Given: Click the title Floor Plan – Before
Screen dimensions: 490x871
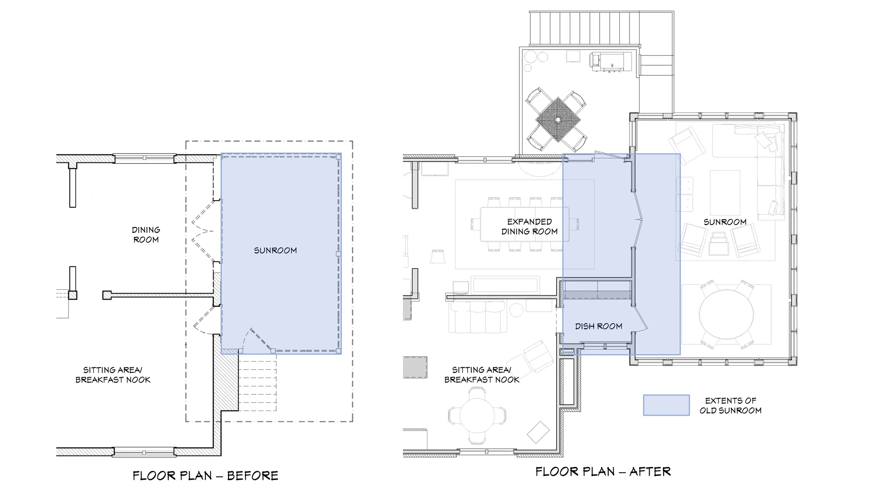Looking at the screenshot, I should [205, 475].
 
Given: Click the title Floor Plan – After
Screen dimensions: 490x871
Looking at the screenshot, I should [603, 471].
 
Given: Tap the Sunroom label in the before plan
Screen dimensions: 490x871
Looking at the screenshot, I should [275, 250].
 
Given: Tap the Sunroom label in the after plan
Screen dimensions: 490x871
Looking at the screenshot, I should [724, 222].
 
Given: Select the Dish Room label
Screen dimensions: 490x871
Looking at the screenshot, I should [598, 326].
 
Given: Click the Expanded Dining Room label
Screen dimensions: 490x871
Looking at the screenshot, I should [529, 226].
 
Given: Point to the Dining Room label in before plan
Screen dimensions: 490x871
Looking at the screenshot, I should [146, 235].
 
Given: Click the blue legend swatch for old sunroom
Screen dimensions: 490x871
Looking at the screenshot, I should [666, 405].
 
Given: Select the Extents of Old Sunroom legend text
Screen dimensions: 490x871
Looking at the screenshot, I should [730, 406].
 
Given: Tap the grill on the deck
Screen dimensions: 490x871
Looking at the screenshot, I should [610, 62].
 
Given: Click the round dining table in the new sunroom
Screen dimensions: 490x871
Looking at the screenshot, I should [726, 314].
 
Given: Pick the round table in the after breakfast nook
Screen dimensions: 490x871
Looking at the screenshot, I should [477, 415].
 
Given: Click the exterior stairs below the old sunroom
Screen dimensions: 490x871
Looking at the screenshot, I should [257, 386].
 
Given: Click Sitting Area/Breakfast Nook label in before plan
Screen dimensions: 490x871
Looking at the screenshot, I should [113, 375].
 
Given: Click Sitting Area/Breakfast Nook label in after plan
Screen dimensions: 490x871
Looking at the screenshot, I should [481, 375].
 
